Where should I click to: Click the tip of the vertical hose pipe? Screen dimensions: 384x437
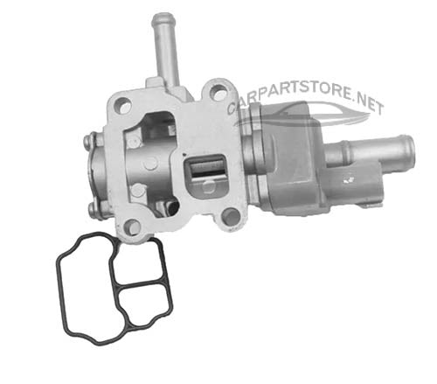click(163, 19)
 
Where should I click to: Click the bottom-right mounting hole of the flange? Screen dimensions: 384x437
click(230, 215)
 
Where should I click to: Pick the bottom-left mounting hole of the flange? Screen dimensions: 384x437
click(132, 226)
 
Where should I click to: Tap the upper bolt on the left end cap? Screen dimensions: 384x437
click(88, 141)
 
